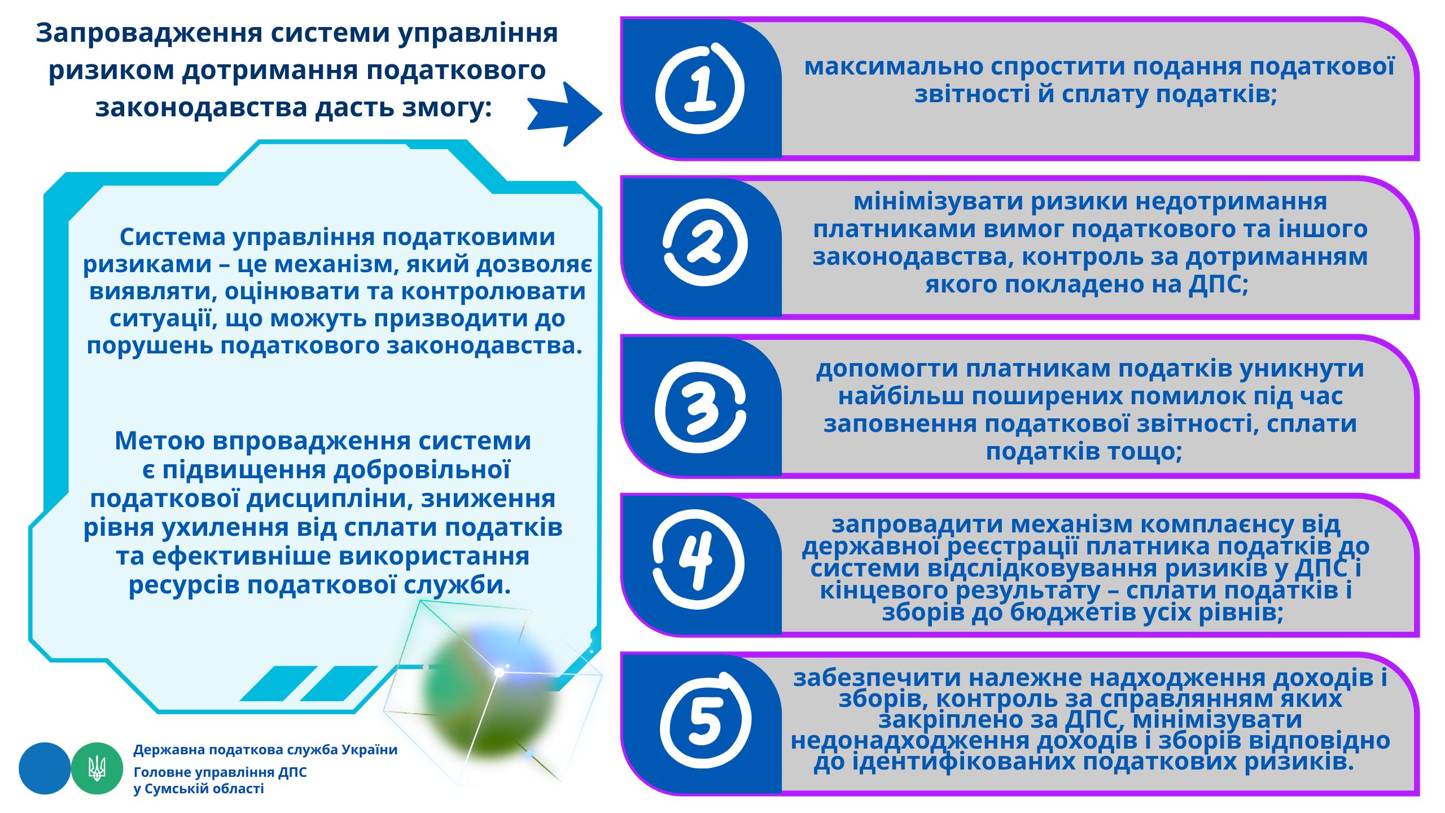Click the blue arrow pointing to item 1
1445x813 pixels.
tap(565, 114)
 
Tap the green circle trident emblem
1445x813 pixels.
tap(97, 768)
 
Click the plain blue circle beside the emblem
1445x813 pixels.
tap(45, 768)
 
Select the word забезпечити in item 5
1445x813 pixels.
tap(877, 677)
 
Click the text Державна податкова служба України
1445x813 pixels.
tap(265, 750)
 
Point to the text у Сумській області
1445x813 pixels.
tap(199, 788)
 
